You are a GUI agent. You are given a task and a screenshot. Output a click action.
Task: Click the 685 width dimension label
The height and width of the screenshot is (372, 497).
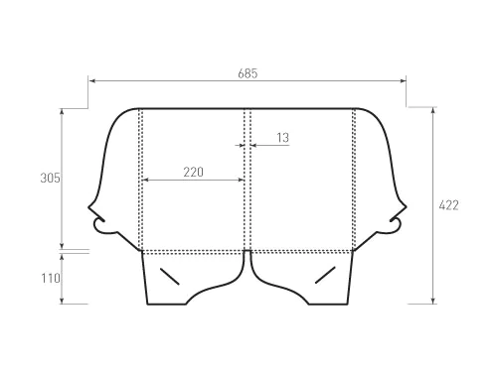pyautogui.click(x=248, y=73)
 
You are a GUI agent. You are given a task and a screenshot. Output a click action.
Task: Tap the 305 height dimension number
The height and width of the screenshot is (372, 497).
pyautogui.click(x=50, y=178)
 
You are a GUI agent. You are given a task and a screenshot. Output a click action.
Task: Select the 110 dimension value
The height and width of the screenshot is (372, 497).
pyautogui.click(x=51, y=278)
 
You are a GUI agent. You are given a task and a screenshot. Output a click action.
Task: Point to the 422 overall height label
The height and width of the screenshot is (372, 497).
pyautogui.click(x=448, y=205)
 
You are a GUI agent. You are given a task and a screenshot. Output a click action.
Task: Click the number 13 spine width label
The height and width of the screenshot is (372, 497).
pyautogui.click(x=283, y=138)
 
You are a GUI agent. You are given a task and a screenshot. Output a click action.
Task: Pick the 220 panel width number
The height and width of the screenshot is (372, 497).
pyautogui.click(x=194, y=172)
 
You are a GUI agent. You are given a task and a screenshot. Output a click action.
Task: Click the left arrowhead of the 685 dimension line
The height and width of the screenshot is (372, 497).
pyautogui.click(x=92, y=80)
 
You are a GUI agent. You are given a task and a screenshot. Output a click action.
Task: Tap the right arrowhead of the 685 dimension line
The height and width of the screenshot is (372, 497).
pyautogui.click(x=403, y=80)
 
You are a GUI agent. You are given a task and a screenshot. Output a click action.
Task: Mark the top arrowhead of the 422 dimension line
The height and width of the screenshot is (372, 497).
pyautogui.click(x=433, y=110)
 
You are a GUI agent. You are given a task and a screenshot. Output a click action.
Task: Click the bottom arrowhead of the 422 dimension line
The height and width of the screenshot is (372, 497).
pyautogui.click(x=433, y=301)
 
